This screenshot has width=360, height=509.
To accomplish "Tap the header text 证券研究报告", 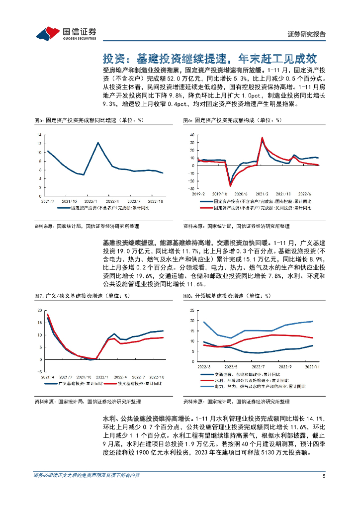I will pyautogui.click(x=307, y=34).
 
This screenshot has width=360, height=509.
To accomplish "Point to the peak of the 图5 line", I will pyautogui.click(x=98, y=143).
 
